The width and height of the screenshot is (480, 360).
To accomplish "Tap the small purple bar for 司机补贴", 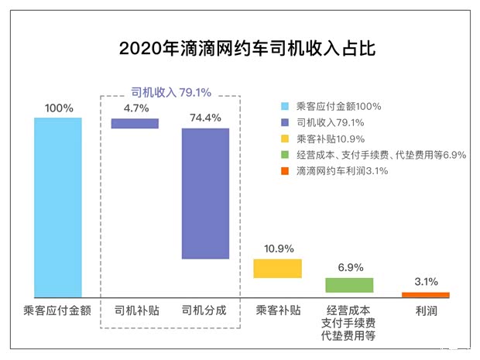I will click(x=135, y=123).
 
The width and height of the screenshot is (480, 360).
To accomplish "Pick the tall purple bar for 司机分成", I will click(x=205, y=193).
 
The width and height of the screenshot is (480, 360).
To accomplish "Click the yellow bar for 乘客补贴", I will click(x=277, y=268).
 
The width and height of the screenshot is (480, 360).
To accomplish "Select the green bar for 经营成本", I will click(x=349, y=284).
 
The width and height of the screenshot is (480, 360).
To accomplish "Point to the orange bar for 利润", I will click(x=425, y=294).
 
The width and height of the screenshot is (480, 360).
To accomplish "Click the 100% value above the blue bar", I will click(x=59, y=108).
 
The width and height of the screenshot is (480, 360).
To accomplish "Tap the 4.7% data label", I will click(x=135, y=108).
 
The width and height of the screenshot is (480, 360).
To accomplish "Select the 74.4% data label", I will click(x=205, y=118).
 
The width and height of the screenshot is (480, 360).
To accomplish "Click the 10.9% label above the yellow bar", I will click(x=278, y=249).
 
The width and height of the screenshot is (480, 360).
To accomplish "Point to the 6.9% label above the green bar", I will click(x=349, y=267).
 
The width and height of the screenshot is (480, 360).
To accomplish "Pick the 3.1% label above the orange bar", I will click(x=426, y=282).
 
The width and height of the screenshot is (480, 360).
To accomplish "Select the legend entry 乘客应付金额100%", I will click(x=341, y=106).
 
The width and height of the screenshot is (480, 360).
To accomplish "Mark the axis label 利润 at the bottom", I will click(x=425, y=310).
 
